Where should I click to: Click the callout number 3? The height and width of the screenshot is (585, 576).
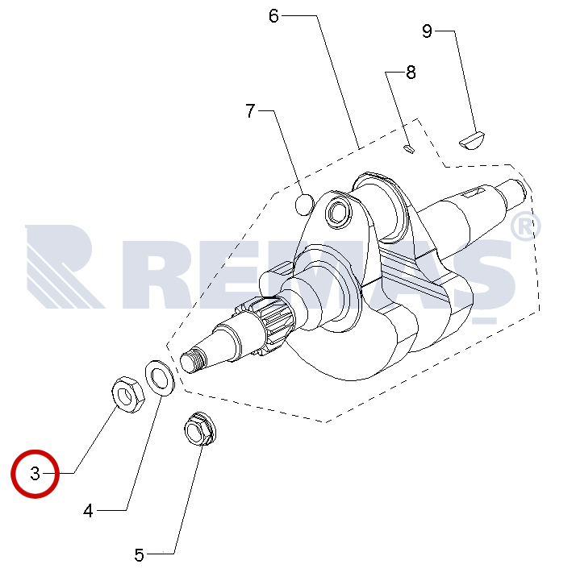[x=35, y=474]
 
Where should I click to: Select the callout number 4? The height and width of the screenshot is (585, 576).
[x=88, y=511]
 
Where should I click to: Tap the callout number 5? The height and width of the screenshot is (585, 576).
[x=139, y=554]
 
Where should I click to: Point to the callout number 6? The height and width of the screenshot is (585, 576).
[x=273, y=16]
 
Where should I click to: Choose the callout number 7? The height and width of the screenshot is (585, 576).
[x=250, y=111]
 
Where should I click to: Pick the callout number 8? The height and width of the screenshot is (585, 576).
[x=411, y=72]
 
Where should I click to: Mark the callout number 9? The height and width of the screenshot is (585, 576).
[x=427, y=31]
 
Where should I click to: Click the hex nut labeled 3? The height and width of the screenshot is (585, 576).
[x=128, y=394]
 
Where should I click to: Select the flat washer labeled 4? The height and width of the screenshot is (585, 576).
[x=160, y=377]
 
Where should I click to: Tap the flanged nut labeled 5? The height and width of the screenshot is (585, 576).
[x=200, y=429]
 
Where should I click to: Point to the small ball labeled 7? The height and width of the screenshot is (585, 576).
[x=305, y=205]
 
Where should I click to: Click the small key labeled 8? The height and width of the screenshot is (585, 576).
[x=409, y=148]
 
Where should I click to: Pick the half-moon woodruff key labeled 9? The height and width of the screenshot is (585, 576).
[x=472, y=141]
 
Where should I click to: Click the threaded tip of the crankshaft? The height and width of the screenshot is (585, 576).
[x=193, y=359]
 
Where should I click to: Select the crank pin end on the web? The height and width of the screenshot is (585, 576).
[x=339, y=213]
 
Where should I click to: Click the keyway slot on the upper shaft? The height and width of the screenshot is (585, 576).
[x=474, y=193]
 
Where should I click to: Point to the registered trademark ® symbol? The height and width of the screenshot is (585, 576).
[x=525, y=226]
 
